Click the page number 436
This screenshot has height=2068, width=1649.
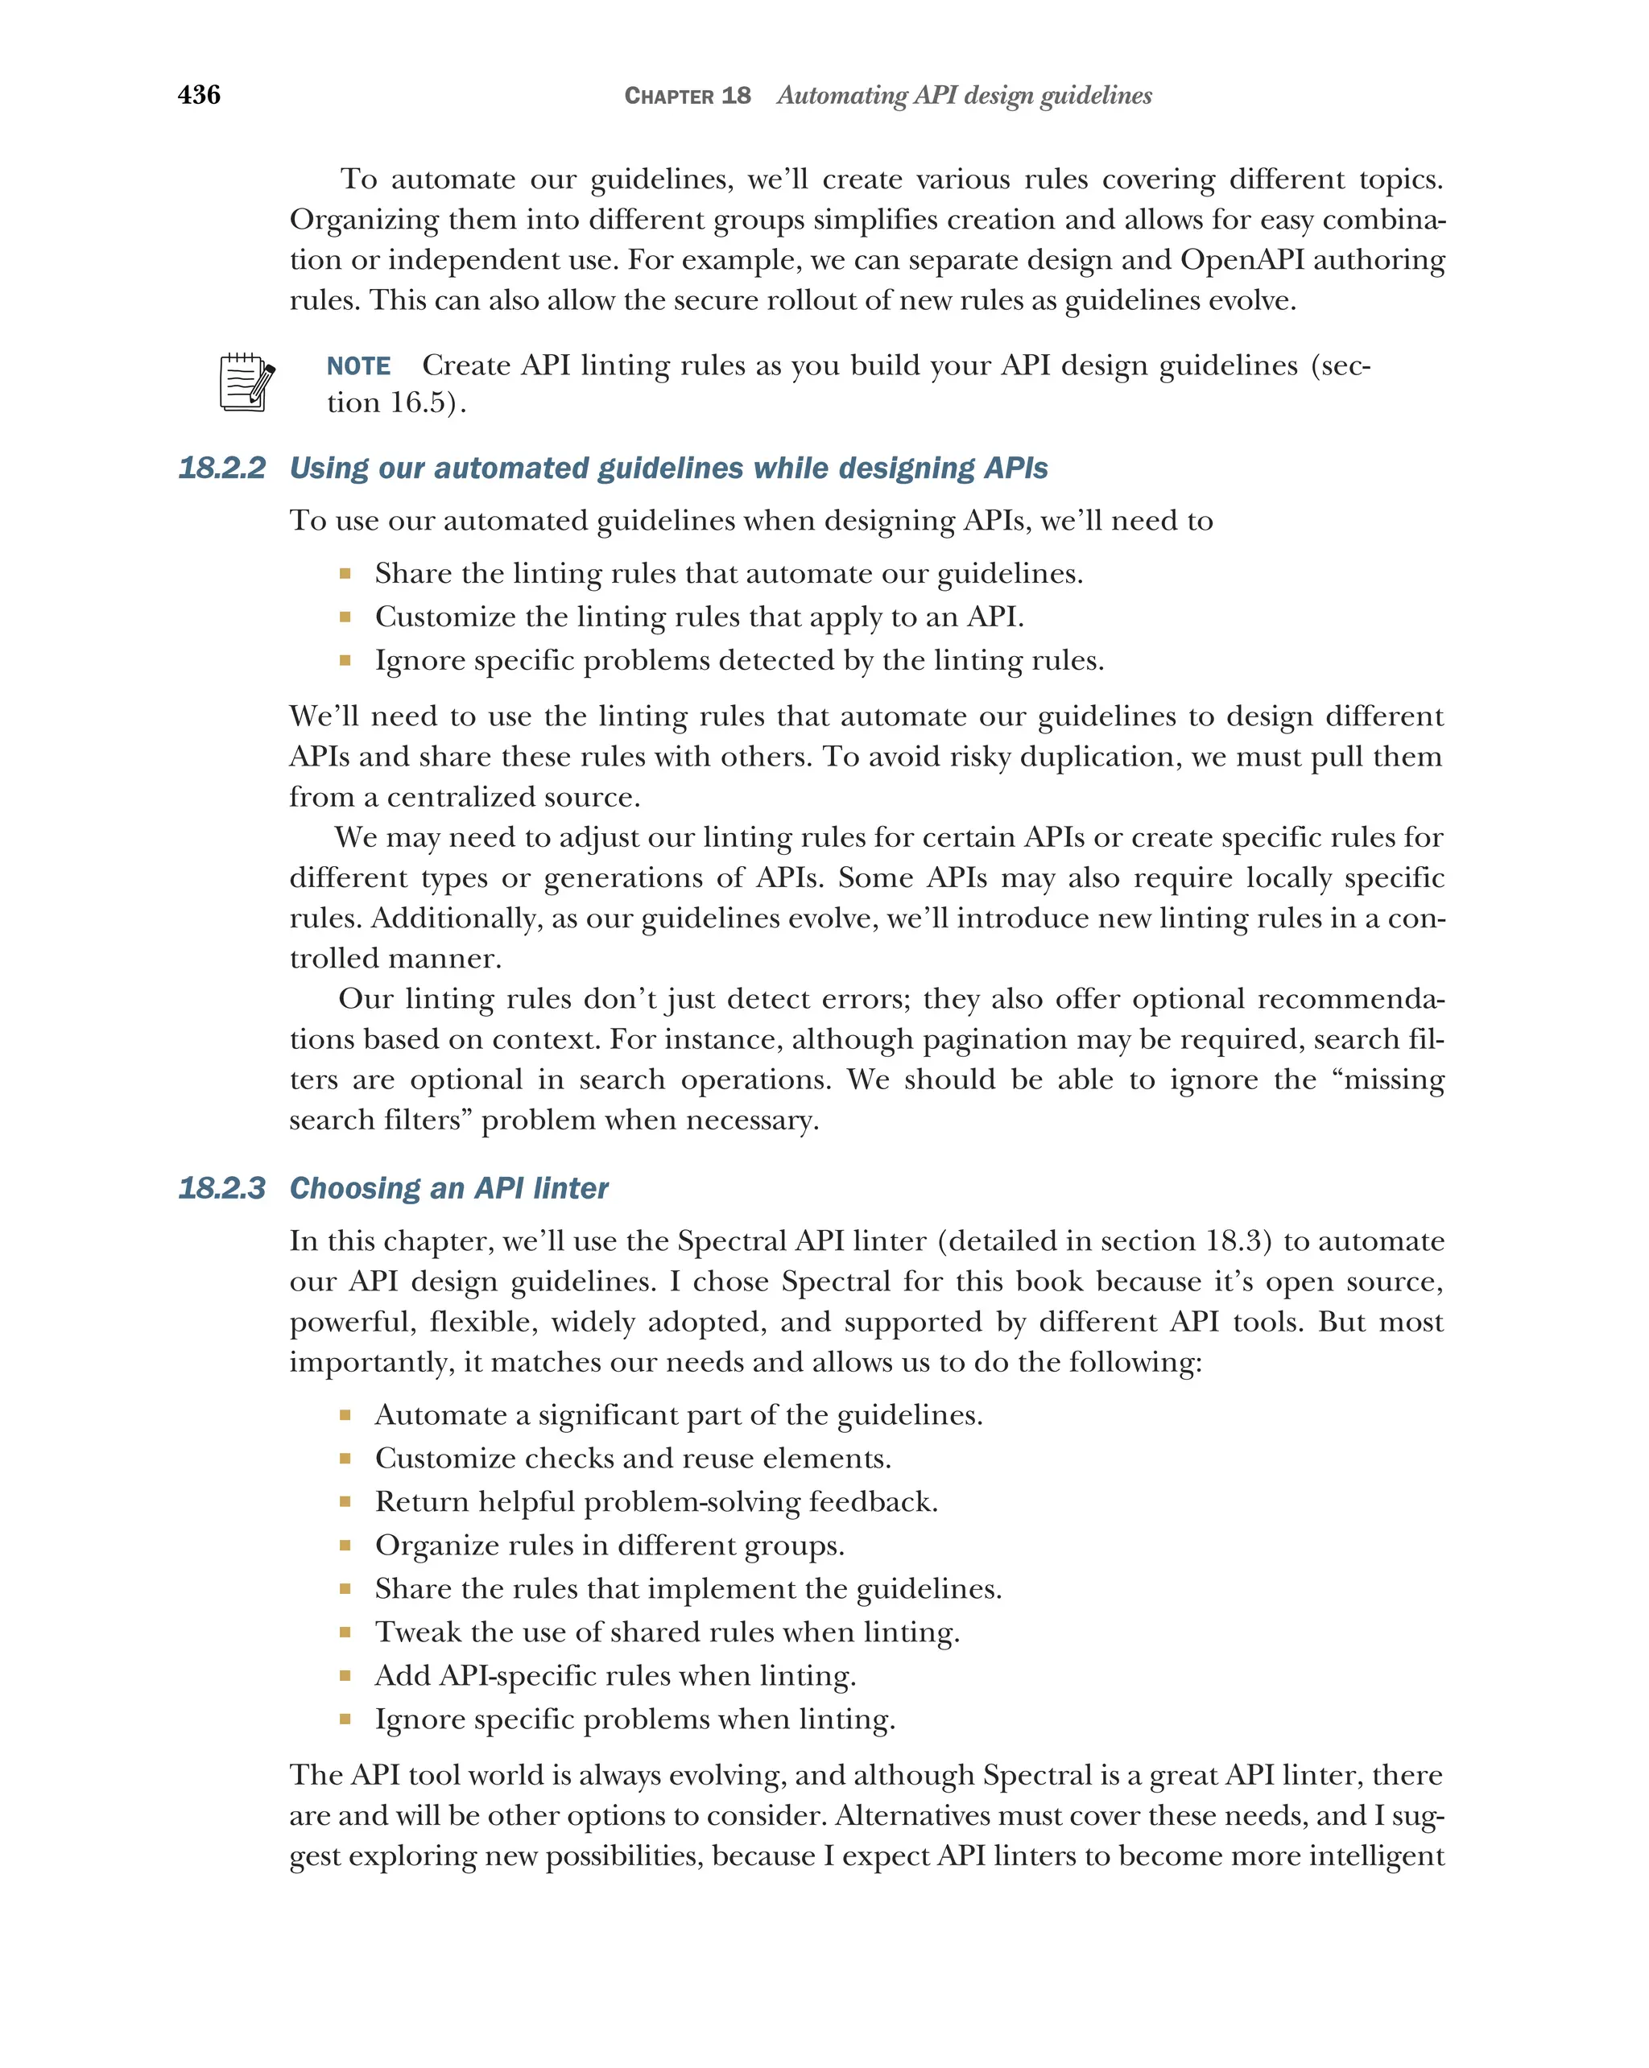coord(199,94)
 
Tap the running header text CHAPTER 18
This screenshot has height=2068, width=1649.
coord(687,96)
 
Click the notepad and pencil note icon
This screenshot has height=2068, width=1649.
coord(246,382)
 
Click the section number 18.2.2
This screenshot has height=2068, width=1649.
coord(221,468)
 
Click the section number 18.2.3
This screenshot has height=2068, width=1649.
coord(221,1188)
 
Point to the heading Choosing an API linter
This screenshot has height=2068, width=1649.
coord(449,1188)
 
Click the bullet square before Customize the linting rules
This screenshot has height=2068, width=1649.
coord(345,617)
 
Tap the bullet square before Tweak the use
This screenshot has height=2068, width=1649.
coord(345,1632)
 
